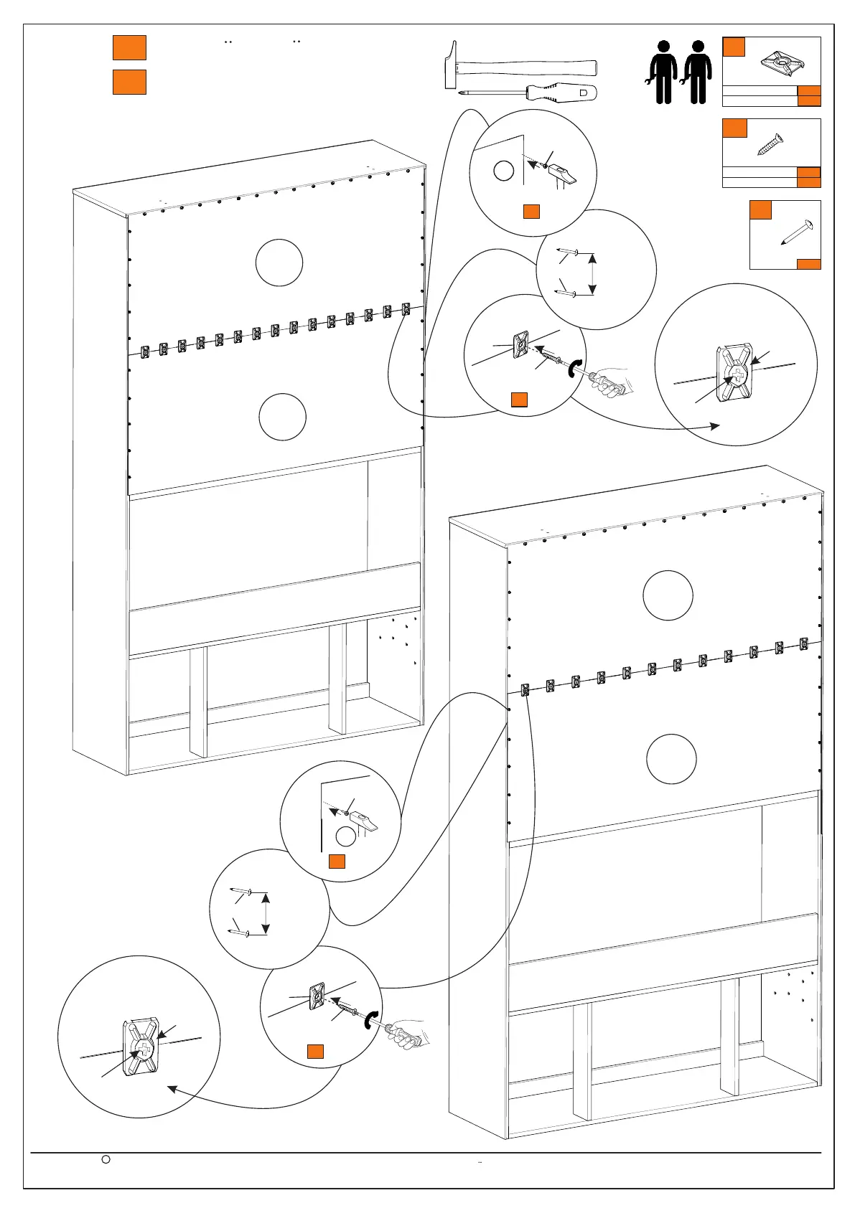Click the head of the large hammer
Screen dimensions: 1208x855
[451, 65]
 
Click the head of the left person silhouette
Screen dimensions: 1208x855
[664, 47]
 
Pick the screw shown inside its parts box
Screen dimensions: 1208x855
[770, 146]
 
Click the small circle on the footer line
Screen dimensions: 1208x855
[105, 1159]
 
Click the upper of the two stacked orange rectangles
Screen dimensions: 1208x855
[129, 47]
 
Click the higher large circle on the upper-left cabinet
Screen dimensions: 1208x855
[279, 263]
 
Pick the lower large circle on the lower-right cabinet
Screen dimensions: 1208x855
[671, 759]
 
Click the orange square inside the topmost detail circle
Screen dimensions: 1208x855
[531, 211]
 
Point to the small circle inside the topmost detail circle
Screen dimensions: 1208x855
[504, 171]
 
